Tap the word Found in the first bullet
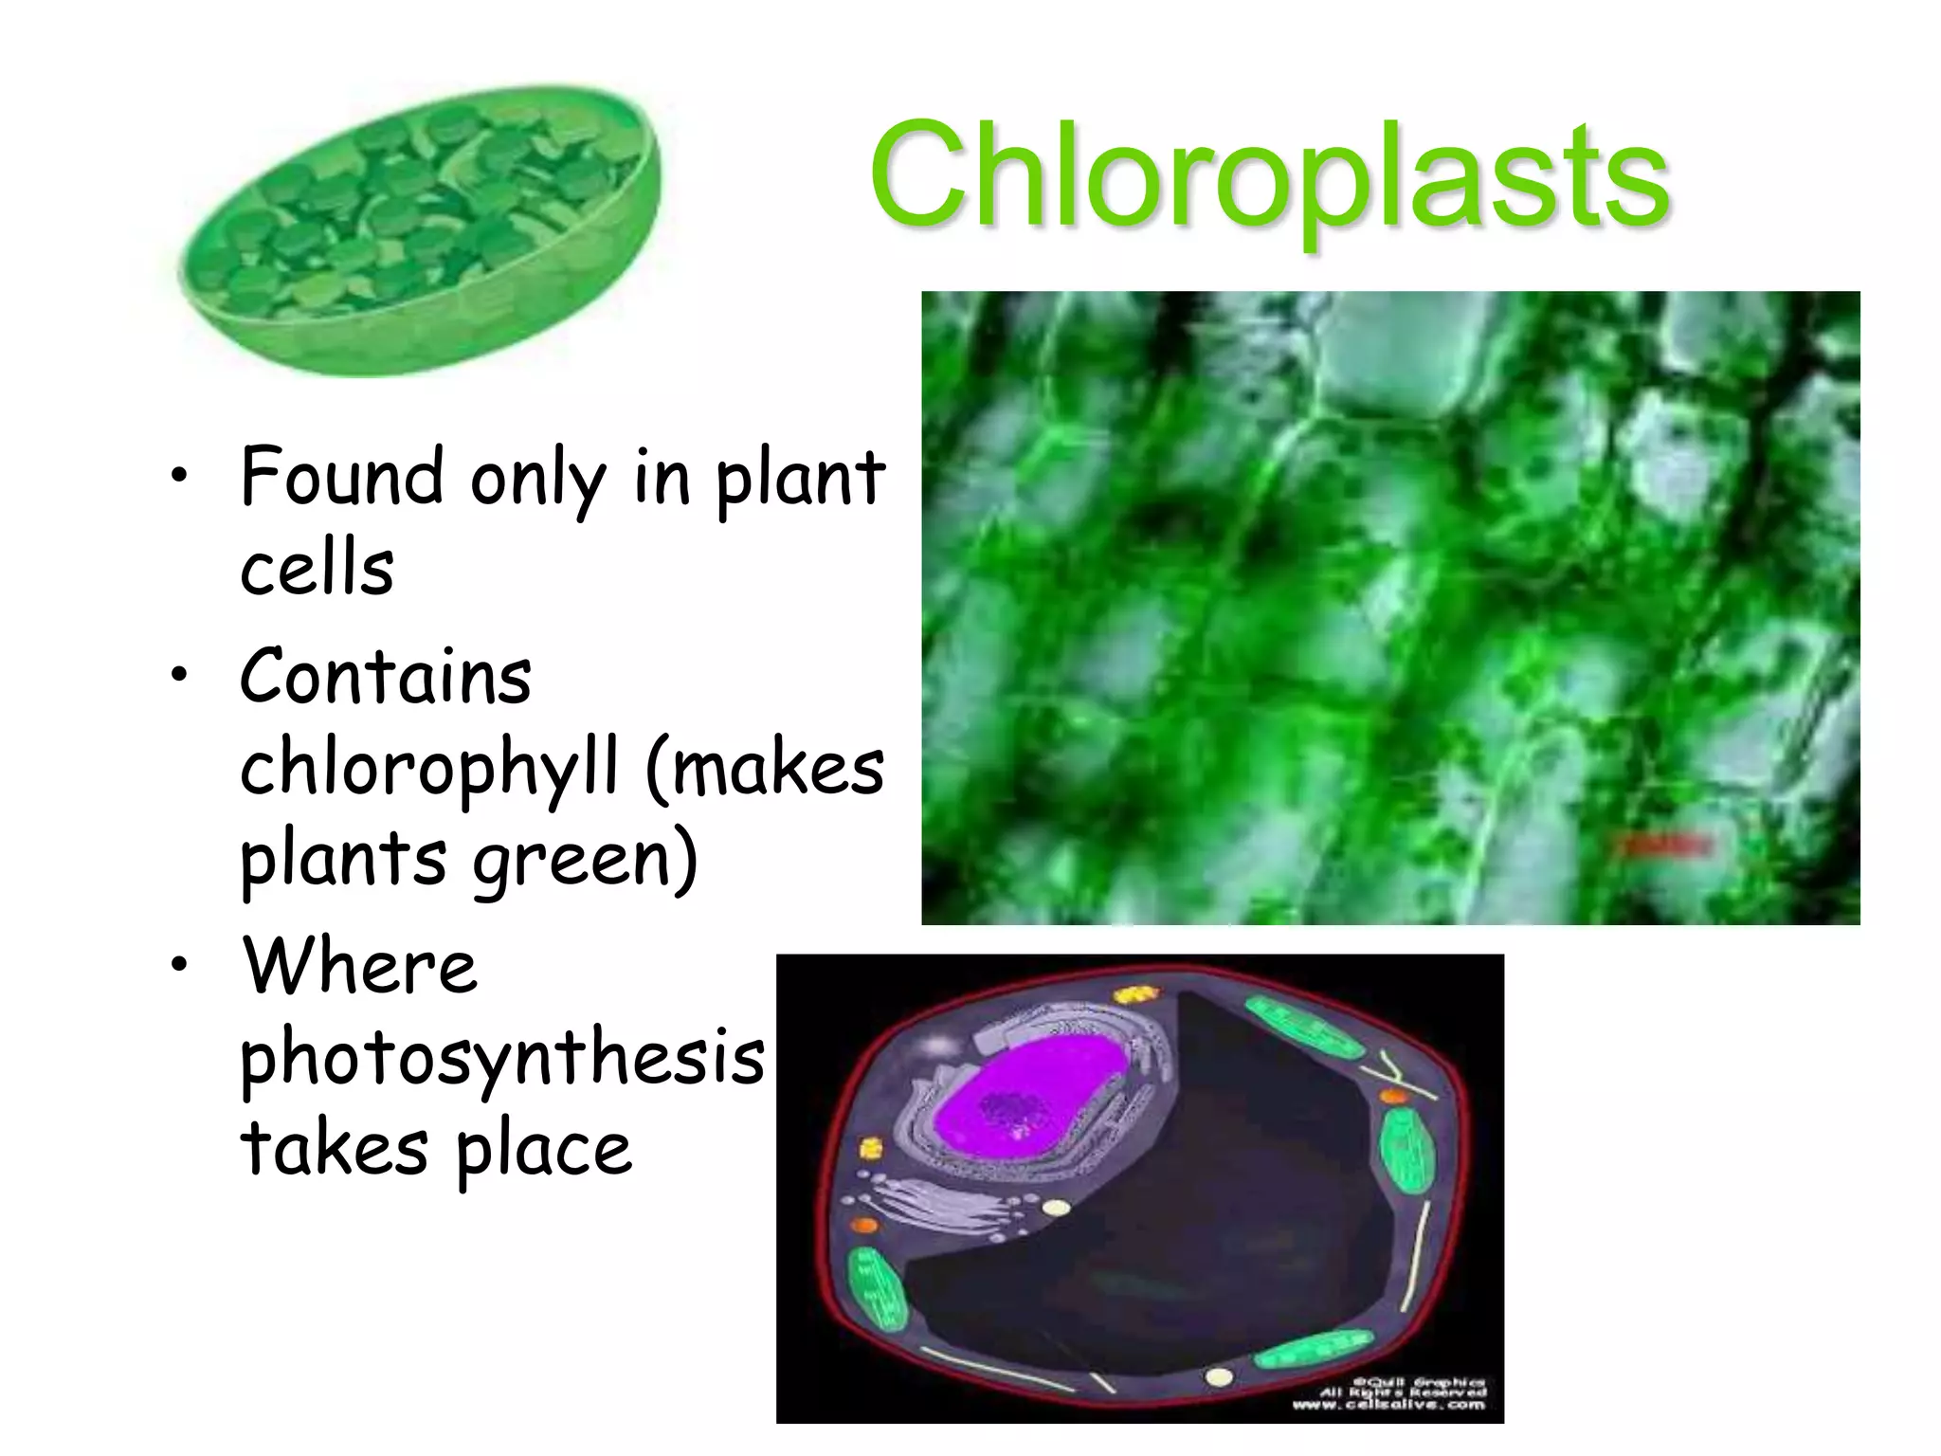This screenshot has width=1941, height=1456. coord(341,477)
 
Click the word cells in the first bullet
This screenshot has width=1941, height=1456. coord(317,569)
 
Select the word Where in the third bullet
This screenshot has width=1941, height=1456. coord(360,966)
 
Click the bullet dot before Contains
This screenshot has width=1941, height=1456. coord(178,675)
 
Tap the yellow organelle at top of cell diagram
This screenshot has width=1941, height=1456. coord(1134,994)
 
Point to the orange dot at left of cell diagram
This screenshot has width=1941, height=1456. coord(864,1225)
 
